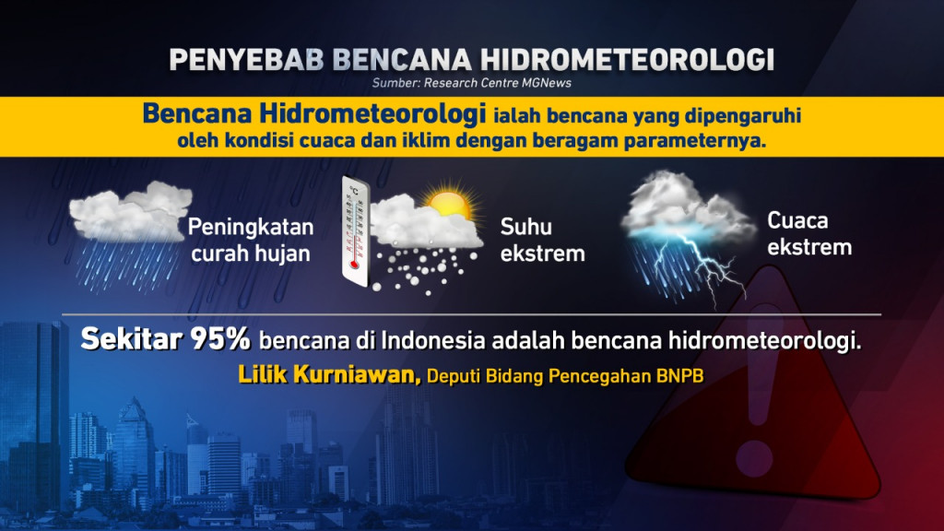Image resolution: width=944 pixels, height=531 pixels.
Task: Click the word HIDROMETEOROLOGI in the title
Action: [627, 58]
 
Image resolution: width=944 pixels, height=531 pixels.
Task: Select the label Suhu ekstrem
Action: [542, 240]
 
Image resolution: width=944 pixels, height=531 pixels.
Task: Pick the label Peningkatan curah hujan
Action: [251, 240]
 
